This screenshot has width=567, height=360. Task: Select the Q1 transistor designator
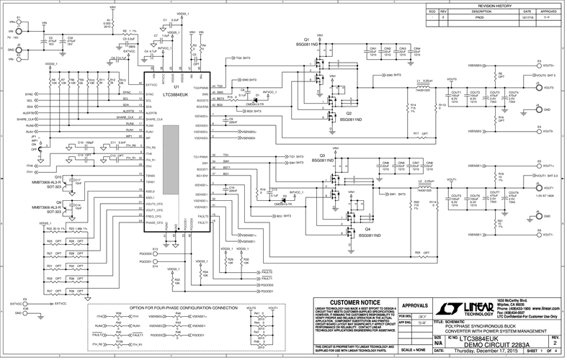[305, 39]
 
